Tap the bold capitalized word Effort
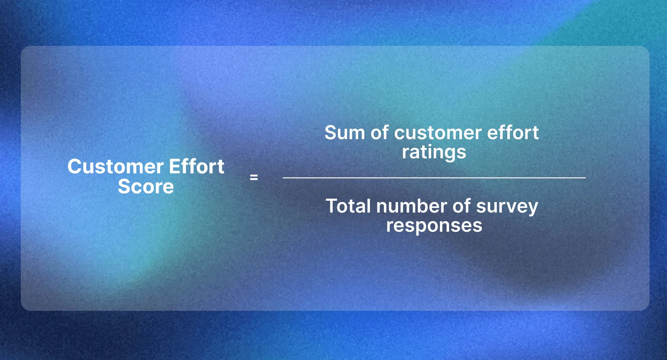pos(196,167)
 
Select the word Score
pos(145,187)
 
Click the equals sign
pos(254,177)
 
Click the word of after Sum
pos(379,133)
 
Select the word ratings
pos(434,152)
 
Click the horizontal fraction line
pos(434,178)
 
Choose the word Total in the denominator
pos(348,206)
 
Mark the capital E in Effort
pos(174,167)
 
